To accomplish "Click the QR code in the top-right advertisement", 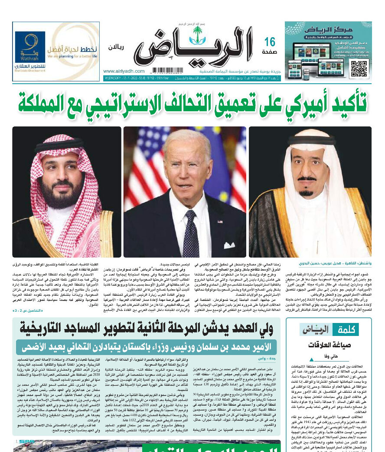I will click(359, 69).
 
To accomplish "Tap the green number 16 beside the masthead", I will click(270, 42).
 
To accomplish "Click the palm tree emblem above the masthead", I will click(198, 33).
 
